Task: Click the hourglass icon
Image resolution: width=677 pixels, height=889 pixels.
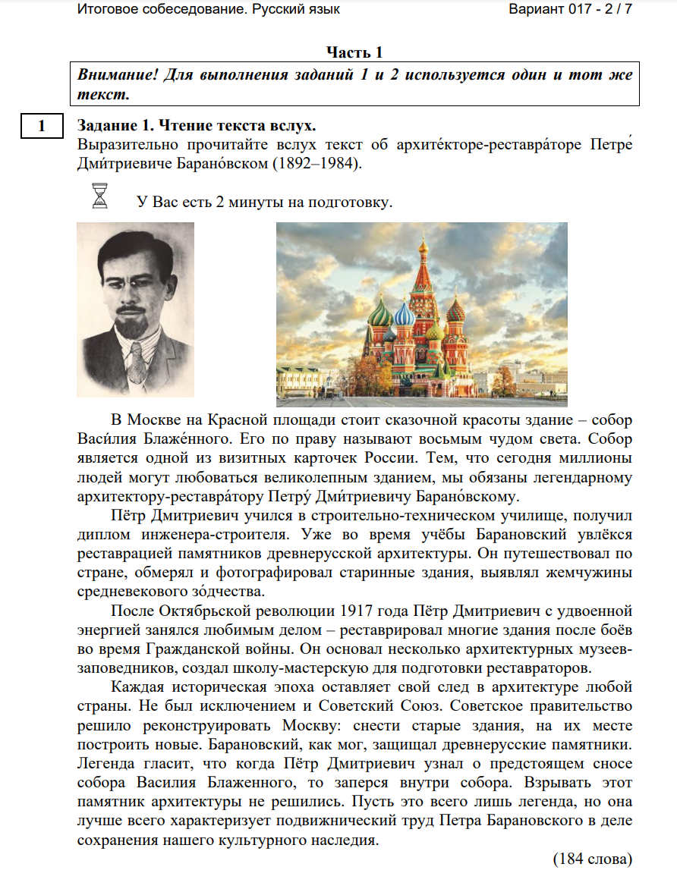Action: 99,196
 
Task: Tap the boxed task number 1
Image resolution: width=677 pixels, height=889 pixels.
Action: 42,126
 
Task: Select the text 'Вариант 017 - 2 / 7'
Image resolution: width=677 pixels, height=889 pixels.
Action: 570,10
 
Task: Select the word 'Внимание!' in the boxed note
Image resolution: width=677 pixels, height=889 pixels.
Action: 110,76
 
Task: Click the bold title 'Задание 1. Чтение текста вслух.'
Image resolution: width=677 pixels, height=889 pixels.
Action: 197,125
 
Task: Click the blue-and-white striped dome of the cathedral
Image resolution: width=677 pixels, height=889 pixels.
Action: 404,313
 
